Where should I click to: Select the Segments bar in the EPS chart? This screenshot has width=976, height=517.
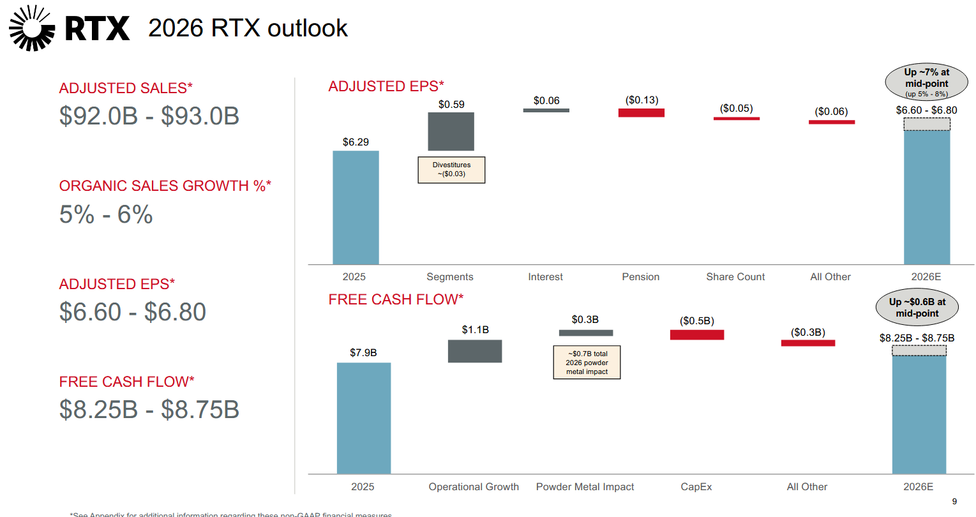click(451, 131)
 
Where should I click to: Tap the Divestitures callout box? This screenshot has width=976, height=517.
click(451, 170)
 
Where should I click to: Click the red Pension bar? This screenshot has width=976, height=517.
click(641, 113)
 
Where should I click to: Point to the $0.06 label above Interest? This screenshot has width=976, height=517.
click(546, 101)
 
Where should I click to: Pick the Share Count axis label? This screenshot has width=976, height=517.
click(735, 277)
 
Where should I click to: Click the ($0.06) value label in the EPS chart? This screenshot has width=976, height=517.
click(831, 112)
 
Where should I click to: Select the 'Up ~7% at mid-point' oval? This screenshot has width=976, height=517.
click(926, 82)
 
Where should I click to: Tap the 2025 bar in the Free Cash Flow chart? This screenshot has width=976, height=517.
click(363, 418)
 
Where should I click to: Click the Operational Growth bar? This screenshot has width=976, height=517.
click(474, 351)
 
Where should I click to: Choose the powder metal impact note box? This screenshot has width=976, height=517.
click(587, 363)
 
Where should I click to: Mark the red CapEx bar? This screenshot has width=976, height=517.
click(696, 334)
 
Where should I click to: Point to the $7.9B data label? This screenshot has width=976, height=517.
click(363, 352)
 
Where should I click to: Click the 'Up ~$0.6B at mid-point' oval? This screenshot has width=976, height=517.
click(917, 308)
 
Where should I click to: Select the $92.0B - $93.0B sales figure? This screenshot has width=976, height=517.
click(149, 116)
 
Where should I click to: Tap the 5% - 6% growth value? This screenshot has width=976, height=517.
click(106, 214)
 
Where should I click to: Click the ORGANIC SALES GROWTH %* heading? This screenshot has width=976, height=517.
click(165, 186)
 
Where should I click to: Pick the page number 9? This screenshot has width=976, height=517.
click(954, 501)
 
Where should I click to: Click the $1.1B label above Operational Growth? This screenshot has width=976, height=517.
click(475, 330)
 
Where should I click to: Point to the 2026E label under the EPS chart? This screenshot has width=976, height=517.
click(926, 277)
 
